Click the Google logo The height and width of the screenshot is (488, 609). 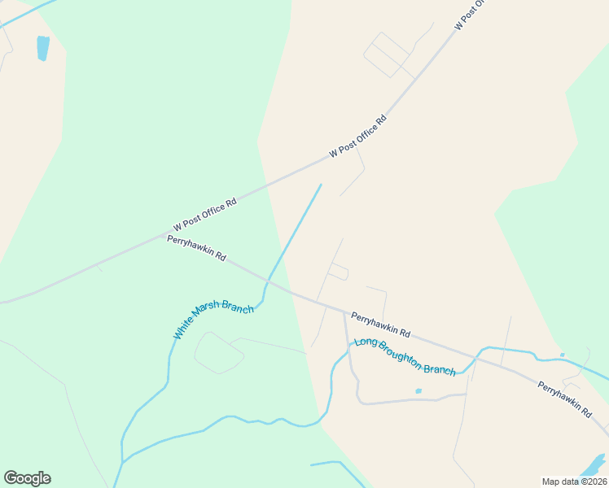[x=27, y=478]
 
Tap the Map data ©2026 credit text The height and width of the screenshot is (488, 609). [x=574, y=481]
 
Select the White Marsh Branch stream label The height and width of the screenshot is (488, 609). [x=213, y=320]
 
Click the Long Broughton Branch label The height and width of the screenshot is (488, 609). [x=405, y=357]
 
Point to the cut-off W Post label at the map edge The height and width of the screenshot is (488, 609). [x=470, y=14]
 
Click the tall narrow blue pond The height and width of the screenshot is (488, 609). [x=42, y=48]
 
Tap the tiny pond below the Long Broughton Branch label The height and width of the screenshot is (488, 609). [x=418, y=391]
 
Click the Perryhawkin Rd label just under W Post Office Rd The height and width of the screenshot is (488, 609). [x=196, y=246]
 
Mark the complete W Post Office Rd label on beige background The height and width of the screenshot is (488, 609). [x=357, y=136]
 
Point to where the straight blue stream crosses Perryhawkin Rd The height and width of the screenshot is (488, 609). [x=270, y=280]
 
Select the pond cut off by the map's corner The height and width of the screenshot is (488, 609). [x=594, y=465]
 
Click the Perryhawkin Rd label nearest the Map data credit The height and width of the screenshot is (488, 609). [x=564, y=399]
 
